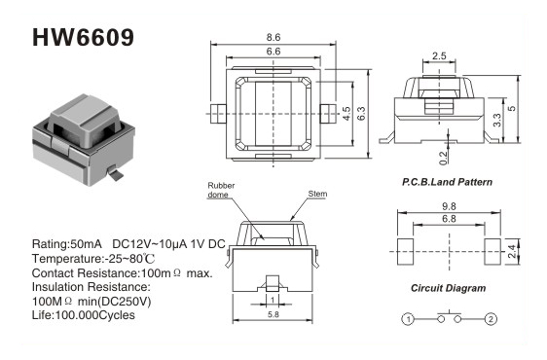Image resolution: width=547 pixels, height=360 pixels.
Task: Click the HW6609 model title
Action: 83,37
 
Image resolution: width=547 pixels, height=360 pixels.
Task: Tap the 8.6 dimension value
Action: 273,37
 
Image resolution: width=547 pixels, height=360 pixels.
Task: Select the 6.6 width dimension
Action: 273,52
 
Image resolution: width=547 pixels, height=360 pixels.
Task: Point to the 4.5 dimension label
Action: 346,114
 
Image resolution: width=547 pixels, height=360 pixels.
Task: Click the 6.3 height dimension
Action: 361,114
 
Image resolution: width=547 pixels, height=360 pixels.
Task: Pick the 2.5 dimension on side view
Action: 439,55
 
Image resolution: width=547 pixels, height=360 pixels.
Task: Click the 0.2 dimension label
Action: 443,158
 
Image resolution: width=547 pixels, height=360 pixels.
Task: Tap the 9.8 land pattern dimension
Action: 449,206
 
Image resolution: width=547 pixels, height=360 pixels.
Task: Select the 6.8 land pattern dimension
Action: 449,219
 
